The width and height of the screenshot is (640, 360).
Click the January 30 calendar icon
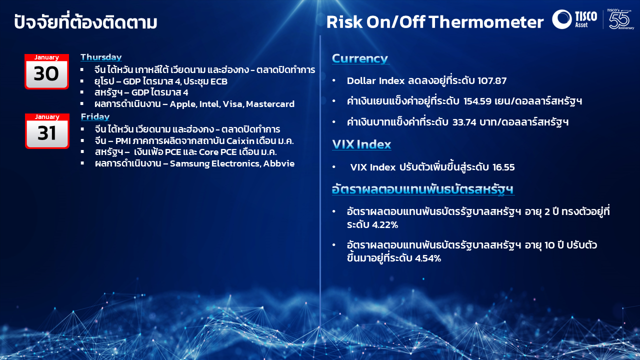[x=46, y=71]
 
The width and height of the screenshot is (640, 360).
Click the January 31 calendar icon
[x=47, y=131]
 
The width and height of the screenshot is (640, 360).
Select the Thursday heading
[x=101, y=57]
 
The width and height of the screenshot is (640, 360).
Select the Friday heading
[x=95, y=117]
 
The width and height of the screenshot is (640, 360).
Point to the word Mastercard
[x=270, y=104]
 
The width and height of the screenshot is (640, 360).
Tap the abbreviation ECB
[x=219, y=81]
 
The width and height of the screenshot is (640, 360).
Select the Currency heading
[x=360, y=59]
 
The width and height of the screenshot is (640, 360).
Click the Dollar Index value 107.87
[x=492, y=81]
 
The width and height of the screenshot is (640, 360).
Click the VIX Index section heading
[x=361, y=144]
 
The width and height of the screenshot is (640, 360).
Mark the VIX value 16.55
[x=503, y=167]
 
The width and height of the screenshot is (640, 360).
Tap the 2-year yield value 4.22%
[x=385, y=225]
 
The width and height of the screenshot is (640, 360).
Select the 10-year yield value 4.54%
[x=427, y=258]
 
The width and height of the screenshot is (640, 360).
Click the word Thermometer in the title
[x=486, y=22]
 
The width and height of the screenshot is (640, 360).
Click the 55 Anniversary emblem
[x=620, y=19]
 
